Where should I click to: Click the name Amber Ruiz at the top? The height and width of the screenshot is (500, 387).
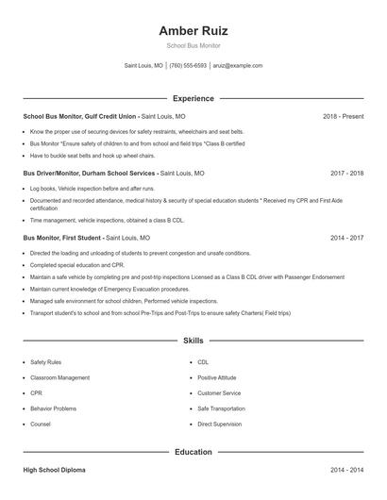point(193,30)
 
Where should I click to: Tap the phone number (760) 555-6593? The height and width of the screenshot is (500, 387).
point(188,66)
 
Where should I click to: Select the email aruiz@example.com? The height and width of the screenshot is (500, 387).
point(237,66)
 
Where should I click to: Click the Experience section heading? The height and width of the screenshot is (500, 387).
point(193,98)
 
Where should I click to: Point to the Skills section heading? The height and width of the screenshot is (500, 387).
point(193,340)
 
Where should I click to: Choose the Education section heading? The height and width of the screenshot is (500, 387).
point(193,452)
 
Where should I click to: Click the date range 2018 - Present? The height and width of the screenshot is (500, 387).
point(343,116)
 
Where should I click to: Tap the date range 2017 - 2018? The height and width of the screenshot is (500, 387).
point(346,174)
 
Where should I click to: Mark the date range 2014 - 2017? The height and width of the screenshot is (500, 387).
point(346,239)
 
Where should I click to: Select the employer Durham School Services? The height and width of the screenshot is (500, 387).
point(118,174)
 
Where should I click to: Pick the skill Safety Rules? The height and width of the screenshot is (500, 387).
point(45,361)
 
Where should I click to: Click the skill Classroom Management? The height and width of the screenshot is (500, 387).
point(60,377)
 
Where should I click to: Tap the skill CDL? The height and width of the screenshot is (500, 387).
point(203,361)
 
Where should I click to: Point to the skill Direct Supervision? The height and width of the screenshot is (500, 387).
point(220,424)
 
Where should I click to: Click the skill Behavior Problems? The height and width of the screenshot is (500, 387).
point(53,408)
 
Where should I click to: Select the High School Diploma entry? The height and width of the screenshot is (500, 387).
point(57,469)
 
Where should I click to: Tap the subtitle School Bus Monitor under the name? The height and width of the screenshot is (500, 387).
point(193,45)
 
